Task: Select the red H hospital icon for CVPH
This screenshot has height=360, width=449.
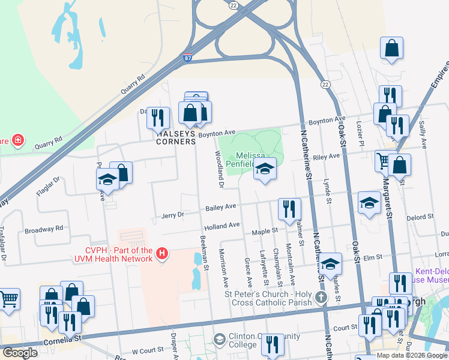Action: point(161,254)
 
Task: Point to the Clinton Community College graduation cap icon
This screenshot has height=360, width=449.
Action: point(219,340)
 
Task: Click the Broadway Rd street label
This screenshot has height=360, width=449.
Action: point(44,229)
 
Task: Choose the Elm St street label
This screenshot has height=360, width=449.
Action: point(373,257)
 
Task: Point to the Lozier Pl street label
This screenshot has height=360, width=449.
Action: point(360,130)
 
